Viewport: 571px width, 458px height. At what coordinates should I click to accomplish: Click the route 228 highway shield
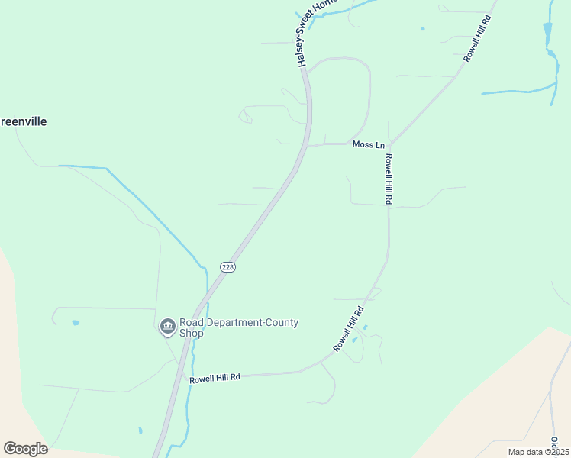[227, 267]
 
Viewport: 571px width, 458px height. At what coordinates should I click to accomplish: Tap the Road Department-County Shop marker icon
[167, 327]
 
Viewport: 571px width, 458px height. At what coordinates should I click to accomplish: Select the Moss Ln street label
[368, 144]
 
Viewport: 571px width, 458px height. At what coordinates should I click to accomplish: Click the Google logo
[25, 449]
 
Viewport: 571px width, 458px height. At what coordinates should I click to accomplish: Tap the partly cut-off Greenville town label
[24, 121]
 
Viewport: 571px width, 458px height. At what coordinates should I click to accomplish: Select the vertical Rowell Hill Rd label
[389, 179]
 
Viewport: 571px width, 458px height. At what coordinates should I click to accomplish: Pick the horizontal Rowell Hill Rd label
[215, 378]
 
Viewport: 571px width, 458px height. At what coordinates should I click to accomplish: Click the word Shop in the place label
[192, 334]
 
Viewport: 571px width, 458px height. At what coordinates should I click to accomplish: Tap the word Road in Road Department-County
[192, 322]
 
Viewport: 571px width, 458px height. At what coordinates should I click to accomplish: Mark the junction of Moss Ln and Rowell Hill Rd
[389, 144]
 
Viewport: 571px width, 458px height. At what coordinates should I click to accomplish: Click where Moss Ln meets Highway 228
[308, 144]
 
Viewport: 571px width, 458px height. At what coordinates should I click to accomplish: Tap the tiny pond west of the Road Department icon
[75, 323]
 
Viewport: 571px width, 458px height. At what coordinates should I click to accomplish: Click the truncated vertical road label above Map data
[555, 441]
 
